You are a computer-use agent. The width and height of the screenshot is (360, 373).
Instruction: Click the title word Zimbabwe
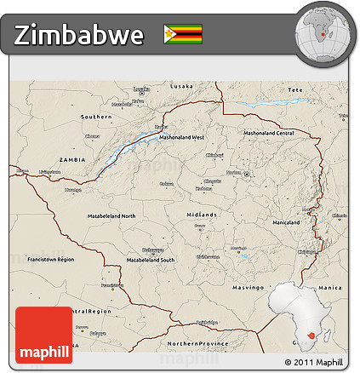click(79, 35)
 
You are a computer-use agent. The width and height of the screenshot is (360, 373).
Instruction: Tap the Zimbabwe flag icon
click(183, 34)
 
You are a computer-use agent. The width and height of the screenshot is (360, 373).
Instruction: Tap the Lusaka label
click(181, 87)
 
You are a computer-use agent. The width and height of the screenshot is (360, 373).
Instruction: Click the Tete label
click(295, 89)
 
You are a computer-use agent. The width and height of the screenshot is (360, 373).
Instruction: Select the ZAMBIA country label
click(72, 160)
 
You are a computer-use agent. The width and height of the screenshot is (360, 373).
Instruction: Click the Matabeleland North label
click(111, 216)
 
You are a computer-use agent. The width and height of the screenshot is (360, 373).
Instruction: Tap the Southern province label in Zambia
click(96, 116)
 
